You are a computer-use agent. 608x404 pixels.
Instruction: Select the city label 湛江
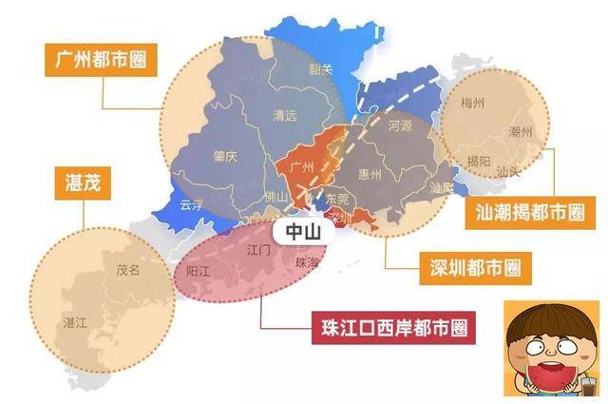(73, 323)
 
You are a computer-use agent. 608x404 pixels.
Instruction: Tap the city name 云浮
(192, 204)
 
